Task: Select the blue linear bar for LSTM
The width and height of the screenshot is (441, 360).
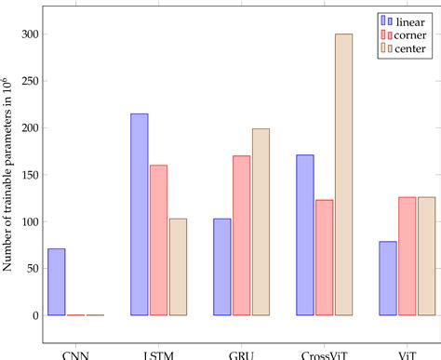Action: tap(139, 215)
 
